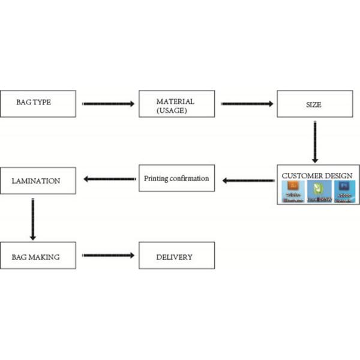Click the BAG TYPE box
[38, 103]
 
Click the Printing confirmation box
[176, 178]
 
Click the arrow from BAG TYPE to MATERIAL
[108, 104]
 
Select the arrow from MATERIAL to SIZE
[247, 104]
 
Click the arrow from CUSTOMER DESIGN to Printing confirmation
[247, 179]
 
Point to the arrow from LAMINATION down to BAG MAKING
[32, 217]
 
